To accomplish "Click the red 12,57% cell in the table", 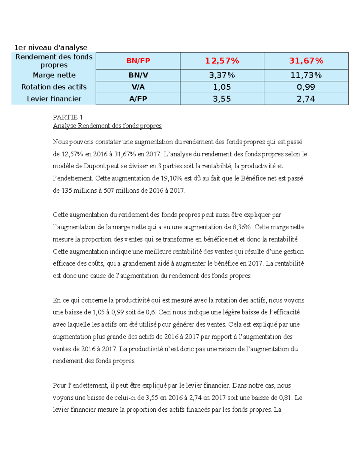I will (222, 61).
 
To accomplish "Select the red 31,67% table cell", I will (306, 61).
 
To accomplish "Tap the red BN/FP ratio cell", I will (138, 61).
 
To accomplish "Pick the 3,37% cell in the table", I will (222, 75).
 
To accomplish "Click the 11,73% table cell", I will (306, 75).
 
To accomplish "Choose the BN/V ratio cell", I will (138, 75).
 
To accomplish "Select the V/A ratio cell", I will (138, 87).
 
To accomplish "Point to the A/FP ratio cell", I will (138, 99).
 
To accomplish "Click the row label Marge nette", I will (54, 75).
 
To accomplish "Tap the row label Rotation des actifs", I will (54, 87).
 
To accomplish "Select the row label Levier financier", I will (54, 99).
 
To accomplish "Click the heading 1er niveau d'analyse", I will (51, 47).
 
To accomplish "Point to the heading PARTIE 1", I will (67, 117).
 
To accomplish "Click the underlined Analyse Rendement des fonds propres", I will (107, 126).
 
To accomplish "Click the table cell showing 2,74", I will (306, 99).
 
